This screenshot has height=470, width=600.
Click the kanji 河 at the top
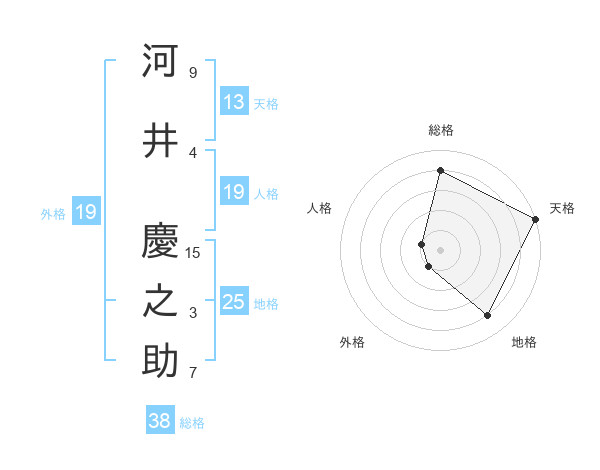[x=160, y=61]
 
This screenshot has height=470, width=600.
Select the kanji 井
[x=160, y=141]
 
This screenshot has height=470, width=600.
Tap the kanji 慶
[x=160, y=241]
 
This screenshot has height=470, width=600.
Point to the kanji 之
[x=160, y=302]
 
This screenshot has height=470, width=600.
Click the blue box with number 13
[x=233, y=102]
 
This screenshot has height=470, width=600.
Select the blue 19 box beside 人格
[x=233, y=192]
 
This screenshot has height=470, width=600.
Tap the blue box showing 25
[x=233, y=302]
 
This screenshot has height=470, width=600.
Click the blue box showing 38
[x=160, y=421]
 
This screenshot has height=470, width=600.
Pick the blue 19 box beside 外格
[x=85, y=212]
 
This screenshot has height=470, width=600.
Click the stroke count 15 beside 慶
[x=193, y=252]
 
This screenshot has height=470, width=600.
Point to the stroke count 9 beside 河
[x=192, y=72]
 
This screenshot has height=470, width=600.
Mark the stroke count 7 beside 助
[x=192, y=373]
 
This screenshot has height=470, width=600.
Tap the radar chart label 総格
[x=440, y=130]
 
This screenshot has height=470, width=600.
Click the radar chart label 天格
[x=562, y=208]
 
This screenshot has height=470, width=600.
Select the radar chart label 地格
[x=524, y=342]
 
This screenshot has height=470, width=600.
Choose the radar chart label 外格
[x=352, y=342]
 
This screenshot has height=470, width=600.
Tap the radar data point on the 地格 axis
[x=487, y=316]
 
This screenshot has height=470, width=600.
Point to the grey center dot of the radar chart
[x=440, y=249]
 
